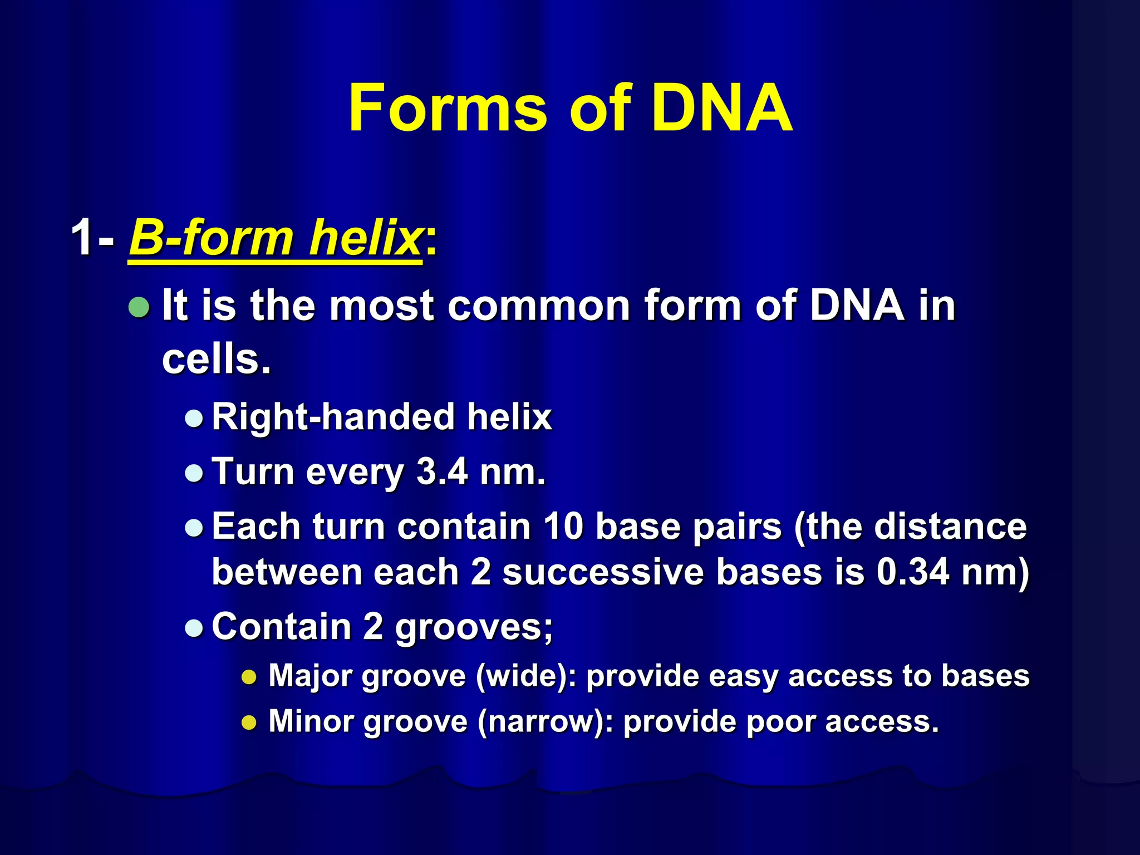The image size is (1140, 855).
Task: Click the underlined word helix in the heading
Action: (365, 238)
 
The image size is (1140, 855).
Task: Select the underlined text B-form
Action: (212, 238)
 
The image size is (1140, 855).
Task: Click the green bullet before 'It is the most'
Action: (139, 307)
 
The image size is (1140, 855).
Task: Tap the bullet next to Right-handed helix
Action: (194, 418)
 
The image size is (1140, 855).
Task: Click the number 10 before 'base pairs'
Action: (563, 526)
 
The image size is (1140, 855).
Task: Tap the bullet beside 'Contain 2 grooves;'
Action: (194, 628)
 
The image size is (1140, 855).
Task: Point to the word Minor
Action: (311, 721)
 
